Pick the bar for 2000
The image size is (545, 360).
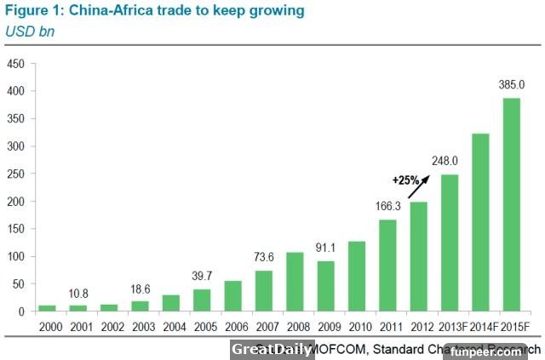(47, 308)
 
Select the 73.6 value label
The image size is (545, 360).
(265, 257)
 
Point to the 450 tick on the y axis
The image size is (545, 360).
(16, 64)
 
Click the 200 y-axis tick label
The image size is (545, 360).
(16, 202)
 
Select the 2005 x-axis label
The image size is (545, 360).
(203, 325)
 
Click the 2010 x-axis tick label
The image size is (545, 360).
(358, 325)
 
